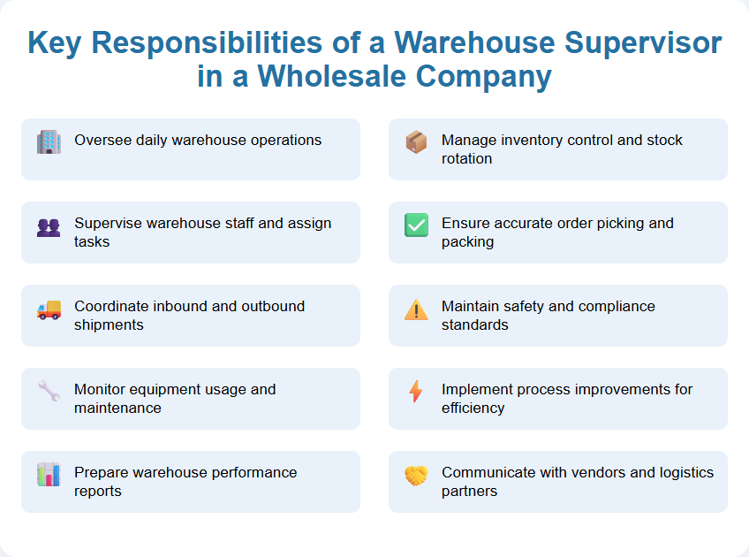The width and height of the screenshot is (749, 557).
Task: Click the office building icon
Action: [49, 142]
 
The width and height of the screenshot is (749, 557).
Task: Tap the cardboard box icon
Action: [416, 142]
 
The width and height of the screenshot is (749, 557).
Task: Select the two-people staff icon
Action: [49, 227]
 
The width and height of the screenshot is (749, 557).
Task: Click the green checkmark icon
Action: [416, 225]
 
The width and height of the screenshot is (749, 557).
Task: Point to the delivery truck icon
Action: [49, 309]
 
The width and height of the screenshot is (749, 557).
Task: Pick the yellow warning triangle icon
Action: [416, 309]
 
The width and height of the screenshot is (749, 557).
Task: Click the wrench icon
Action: [49, 392]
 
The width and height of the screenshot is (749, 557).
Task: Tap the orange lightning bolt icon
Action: [416, 392]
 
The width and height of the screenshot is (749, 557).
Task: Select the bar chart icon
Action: [49, 475]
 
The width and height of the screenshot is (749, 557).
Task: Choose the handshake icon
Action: [416, 476]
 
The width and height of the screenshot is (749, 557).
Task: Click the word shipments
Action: [109, 324]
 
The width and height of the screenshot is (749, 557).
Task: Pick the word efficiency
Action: [473, 408]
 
